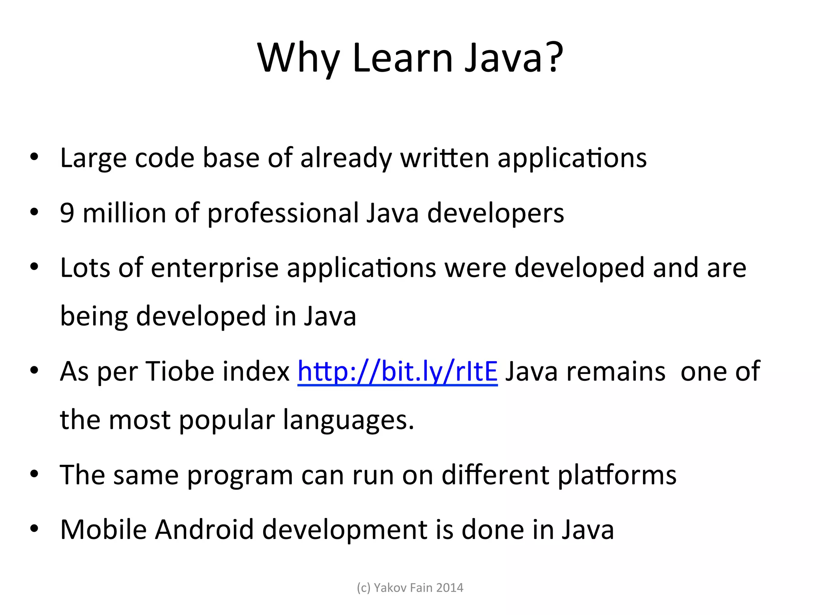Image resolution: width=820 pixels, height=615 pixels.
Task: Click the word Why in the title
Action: (298, 58)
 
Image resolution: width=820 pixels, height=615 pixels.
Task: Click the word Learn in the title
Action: (402, 58)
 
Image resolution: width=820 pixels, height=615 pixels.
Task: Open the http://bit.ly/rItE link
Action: (397, 372)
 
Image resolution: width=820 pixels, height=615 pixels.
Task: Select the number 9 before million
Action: (67, 213)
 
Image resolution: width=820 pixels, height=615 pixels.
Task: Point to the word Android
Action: (204, 529)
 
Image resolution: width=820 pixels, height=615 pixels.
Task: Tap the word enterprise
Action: (215, 268)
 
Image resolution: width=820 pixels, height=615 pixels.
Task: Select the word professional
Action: (283, 213)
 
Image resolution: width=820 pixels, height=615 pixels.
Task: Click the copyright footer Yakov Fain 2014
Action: (410, 587)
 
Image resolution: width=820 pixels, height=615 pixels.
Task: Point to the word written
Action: (444, 158)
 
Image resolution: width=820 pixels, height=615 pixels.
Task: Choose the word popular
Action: (227, 420)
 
